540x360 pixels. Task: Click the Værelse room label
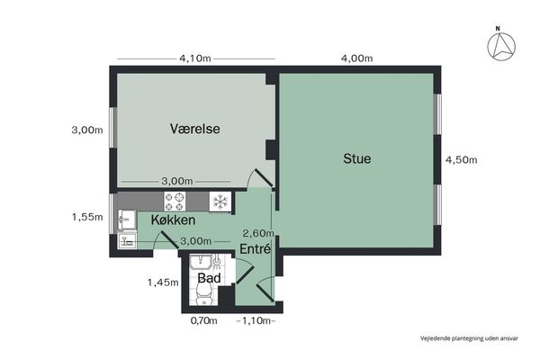(x=195, y=129)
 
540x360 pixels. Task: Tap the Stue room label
(x=357, y=158)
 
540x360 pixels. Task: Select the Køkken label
(x=173, y=220)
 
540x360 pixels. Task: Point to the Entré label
(x=256, y=248)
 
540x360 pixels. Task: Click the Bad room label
(x=209, y=278)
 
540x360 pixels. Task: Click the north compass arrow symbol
(x=501, y=46)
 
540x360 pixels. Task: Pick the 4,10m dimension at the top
(x=195, y=58)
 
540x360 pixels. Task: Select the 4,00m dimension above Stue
(x=356, y=58)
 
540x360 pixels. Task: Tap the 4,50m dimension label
(x=462, y=160)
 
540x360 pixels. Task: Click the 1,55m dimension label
(x=87, y=217)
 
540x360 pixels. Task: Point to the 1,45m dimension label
(x=163, y=283)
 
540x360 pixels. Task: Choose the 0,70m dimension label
(x=204, y=320)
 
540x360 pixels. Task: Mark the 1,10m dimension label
(x=256, y=320)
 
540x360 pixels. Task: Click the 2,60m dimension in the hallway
(x=258, y=234)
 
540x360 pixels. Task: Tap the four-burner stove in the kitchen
(x=175, y=202)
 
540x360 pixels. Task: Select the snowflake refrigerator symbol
(x=220, y=202)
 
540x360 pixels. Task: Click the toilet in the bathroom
(x=203, y=296)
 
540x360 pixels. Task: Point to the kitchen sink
(x=127, y=220)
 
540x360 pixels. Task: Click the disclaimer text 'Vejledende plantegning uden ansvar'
(x=469, y=338)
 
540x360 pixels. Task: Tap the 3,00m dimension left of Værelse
(x=87, y=130)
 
